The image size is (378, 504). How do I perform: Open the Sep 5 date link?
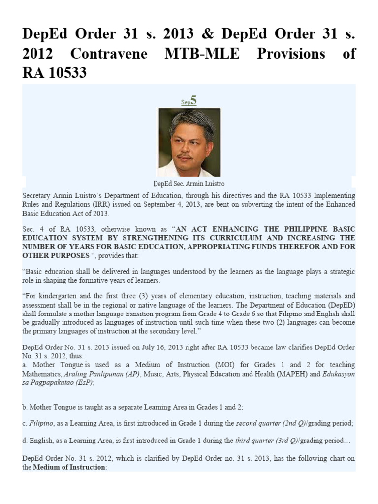pos(189,101)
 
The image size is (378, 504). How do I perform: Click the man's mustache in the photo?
pos(185,157)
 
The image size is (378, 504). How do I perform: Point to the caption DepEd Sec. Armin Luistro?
pos(189,183)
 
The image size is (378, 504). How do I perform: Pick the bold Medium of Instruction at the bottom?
pos(69,467)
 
